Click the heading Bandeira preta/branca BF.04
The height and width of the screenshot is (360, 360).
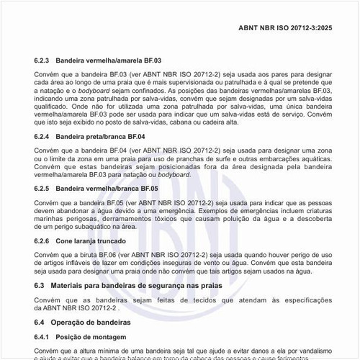100,136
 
